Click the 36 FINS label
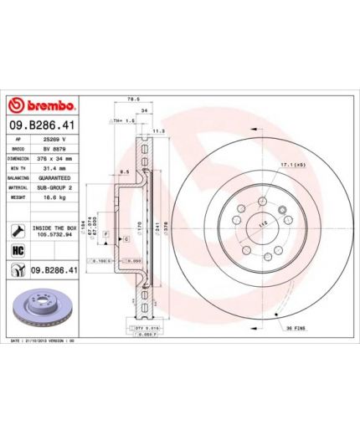pyautogui.click(x=299, y=326)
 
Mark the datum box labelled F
pyautogui.click(x=106, y=232)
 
